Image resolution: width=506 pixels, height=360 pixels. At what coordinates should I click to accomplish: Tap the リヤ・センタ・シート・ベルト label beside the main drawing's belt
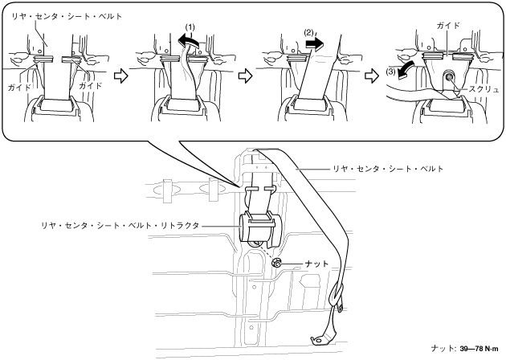(x=389, y=170)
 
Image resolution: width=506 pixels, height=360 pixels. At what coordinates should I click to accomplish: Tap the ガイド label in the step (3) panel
(x=448, y=26)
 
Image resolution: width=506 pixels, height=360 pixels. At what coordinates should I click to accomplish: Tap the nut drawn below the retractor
(x=275, y=263)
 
